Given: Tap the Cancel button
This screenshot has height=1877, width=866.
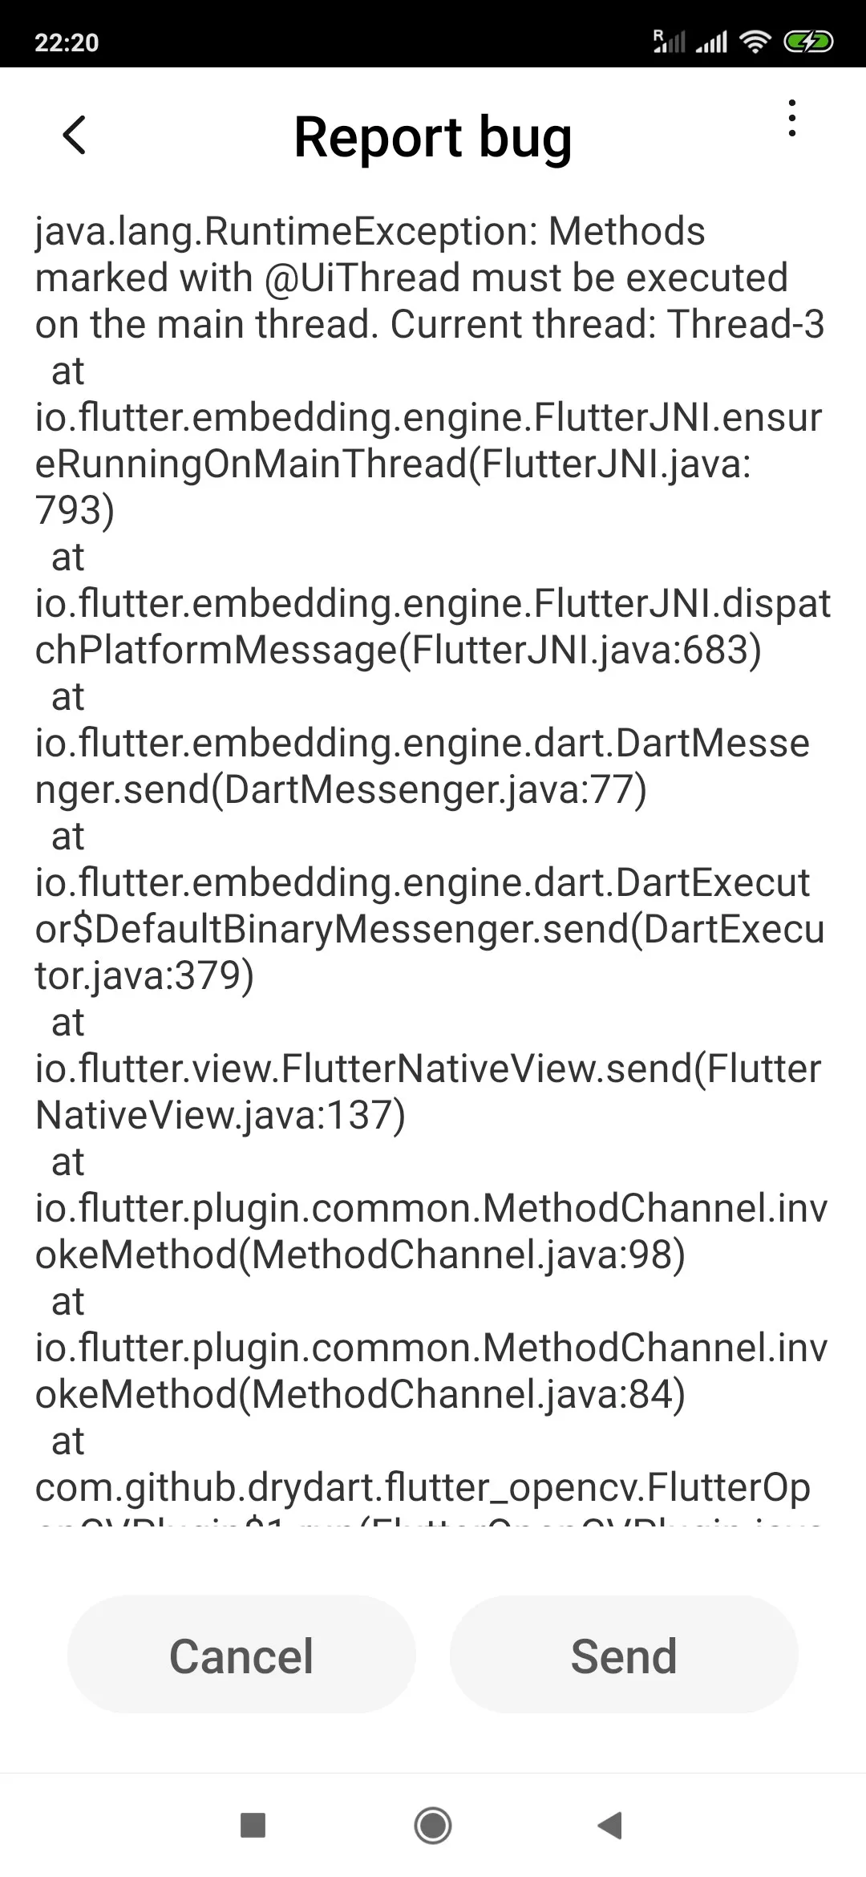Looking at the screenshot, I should pyautogui.click(x=241, y=1656).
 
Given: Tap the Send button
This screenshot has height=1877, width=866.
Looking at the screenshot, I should pyautogui.click(x=624, y=1656).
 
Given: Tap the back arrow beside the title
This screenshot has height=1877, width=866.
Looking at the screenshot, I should pyautogui.click(x=75, y=135).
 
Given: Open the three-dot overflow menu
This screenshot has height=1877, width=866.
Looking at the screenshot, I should pyautogui.click(x=792, y=119).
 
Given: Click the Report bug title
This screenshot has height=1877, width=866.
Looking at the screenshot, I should pyautogui.click(x=433, y=137).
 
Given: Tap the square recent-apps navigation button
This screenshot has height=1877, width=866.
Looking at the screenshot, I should pyautogui.click(x=253, y=1825).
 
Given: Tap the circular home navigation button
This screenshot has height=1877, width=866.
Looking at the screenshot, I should pyautogui.click(x=433, y=1825).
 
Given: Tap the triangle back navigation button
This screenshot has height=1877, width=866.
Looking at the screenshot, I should pyautogui.click(x=610, y=1825).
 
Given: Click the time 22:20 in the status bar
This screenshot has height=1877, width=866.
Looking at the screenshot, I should pyautogui.click(x=67, y=42).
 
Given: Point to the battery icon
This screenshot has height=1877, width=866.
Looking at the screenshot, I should pyautogui.click(x=808, y=42).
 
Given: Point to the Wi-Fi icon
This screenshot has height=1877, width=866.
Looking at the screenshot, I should pyautogui.click(x=755, y=42).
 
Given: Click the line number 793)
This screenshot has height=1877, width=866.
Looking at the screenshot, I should pyautogui.click(x=75, y=511).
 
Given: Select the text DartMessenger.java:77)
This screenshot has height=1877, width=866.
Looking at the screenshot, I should pyautogui.click(x=435, y=790).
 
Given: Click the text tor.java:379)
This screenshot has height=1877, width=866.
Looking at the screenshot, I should pyautogui.click(x=144, y=976).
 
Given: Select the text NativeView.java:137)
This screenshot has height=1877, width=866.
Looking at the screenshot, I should pyautogui.click(x=221, y=1116).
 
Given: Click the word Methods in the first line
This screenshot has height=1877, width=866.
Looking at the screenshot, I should pyautogui.click(x=626, y=232).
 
